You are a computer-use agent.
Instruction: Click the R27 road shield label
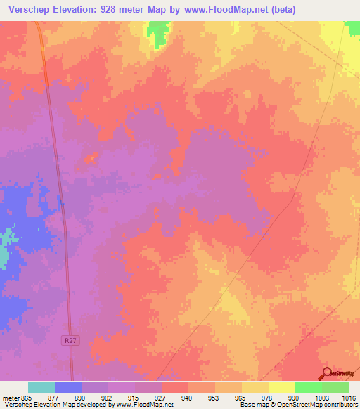click(x=66, y=339)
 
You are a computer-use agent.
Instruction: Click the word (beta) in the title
click(x=279, y=10)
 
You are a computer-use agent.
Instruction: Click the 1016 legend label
click(x=349, y=398)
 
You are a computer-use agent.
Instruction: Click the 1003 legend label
click(x=321, y=398)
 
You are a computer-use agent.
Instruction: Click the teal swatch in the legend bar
click(x=41, y=387)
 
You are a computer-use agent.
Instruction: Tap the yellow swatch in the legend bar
click(x=281, y=387)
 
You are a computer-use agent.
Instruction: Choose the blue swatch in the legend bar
click(x=68, y=387)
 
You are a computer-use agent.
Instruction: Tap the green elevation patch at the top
click(x=159, y=32)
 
